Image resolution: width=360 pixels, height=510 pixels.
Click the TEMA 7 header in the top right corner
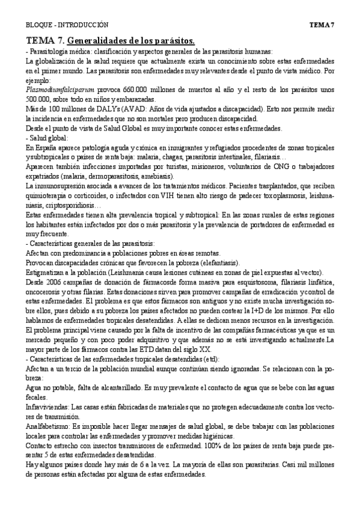322,25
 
